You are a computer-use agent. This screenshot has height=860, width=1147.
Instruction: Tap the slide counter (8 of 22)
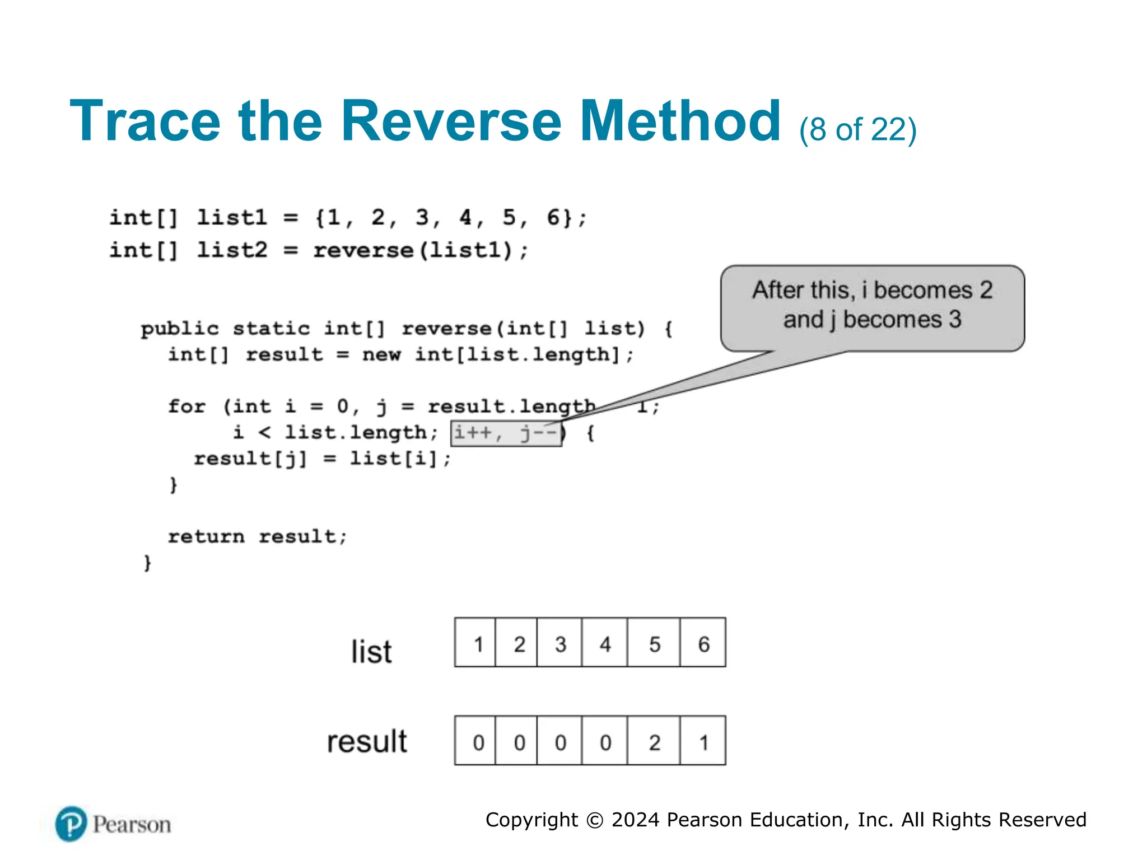tap(857, 129)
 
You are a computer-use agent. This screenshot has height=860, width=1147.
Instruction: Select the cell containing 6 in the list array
tap(703, 643)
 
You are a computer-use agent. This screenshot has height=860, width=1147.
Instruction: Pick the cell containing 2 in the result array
tap(654, 741)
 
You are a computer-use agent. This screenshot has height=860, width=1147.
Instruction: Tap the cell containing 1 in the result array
tap(703, 741)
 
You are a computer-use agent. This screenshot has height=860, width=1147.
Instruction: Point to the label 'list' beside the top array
tap(371, 651)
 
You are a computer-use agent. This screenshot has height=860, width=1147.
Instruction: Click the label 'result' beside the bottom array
tap(367, 741)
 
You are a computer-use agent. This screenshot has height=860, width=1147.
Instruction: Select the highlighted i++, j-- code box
tap(506, 433)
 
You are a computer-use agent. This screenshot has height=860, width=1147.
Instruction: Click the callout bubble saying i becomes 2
tap(872, 307)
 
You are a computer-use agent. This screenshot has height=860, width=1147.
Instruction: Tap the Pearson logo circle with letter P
tap(71, 824)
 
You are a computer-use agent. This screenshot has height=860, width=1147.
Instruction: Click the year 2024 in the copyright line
tap(635, 820)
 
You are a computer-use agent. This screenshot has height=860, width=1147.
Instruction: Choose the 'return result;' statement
tap(258, 536)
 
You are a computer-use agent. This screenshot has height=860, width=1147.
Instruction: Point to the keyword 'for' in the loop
tap(187, 406)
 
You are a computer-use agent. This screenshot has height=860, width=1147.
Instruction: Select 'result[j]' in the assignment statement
tap(250, 459)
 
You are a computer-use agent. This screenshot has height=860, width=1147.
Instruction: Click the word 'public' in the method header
tap(180, 329)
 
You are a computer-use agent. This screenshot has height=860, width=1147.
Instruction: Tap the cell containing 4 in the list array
tap(604, 643)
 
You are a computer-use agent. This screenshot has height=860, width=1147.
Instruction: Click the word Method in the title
tap(679, 121)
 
